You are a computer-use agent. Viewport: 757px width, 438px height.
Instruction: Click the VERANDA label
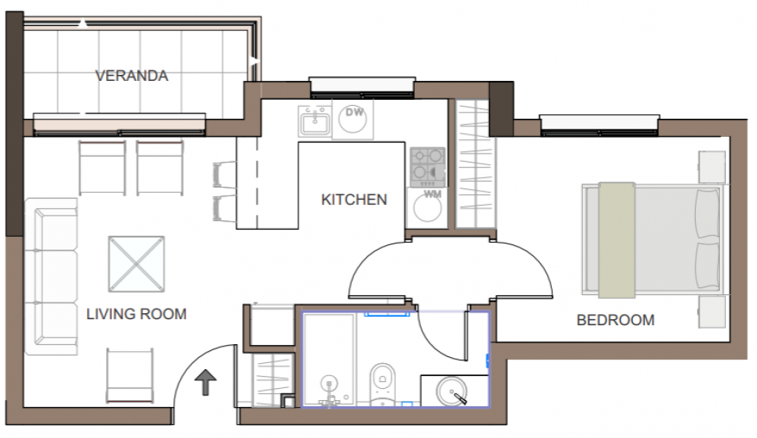point(132,76)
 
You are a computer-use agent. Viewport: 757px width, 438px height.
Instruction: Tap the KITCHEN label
point(354,200)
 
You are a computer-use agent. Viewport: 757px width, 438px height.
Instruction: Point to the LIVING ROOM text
point(136,314)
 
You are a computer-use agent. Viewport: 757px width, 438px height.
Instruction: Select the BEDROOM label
point(615,320)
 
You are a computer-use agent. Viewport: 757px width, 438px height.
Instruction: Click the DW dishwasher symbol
point(353,120)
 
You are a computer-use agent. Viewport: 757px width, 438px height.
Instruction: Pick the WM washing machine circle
point(427,208)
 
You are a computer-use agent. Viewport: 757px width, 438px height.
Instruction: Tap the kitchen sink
point(315,121)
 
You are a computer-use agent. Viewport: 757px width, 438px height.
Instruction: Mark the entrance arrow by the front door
point(205,382)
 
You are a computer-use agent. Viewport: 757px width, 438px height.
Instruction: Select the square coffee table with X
point(136,264)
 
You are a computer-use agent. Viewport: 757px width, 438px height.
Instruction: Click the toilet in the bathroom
point(382,384)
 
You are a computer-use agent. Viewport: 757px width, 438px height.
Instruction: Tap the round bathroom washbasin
point(452,390)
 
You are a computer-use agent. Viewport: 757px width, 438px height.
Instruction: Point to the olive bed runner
point(616,240)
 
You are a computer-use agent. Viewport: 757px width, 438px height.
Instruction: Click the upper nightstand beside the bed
point(712,167)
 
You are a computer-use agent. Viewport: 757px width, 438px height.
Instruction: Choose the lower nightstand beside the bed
point(712,312)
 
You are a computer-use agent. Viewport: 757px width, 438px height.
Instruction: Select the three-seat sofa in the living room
point(51,276)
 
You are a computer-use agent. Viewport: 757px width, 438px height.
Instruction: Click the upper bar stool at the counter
point(224,174)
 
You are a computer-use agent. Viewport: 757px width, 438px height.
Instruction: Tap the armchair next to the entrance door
point(130,375)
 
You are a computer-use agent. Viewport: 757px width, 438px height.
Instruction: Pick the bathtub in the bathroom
point(329,359)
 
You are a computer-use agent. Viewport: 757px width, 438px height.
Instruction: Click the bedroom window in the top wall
point(599,125)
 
